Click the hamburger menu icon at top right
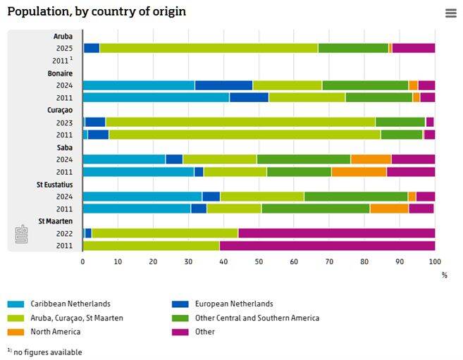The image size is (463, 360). (x=451, y=13)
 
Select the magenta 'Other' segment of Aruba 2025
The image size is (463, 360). (x=413, y=48)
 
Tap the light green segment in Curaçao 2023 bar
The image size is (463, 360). (x=240, y=122)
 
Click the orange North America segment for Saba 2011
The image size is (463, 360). (x=359, y=171)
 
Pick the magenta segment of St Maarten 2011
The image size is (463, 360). (x=327, y=245)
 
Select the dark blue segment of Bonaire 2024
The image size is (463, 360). (x=223, y=85)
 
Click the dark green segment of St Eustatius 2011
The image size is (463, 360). (x=315, y=209)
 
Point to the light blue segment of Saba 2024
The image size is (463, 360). (x=124, y=159)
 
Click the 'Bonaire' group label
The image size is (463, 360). (x=60, y=73)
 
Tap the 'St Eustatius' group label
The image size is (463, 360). (x=55, y=184)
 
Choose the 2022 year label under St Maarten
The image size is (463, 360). (x=65, y=233)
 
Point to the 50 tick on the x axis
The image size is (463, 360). (x=259, y=261)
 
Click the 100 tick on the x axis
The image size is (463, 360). (x=434, y=261)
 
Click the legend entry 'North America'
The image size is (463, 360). (x=49, y=332)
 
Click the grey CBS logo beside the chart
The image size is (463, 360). (x=22, y=236)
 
